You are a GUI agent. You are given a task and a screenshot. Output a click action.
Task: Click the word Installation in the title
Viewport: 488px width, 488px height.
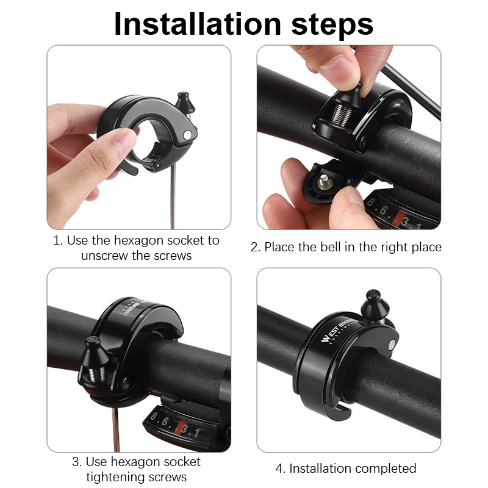(x=197, y=24)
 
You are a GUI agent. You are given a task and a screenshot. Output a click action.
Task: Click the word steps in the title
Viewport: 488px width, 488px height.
(x=332, y=26)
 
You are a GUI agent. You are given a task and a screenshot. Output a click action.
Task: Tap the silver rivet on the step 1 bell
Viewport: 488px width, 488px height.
(x=187, y=135)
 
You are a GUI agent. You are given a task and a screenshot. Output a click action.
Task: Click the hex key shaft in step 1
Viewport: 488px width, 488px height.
(x=173, y=196)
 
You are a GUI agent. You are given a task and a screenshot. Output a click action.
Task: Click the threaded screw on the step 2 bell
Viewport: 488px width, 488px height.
(x=342, y=114)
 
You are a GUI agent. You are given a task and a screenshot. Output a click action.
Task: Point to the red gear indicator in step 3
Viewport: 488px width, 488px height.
(x=179, y=428)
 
